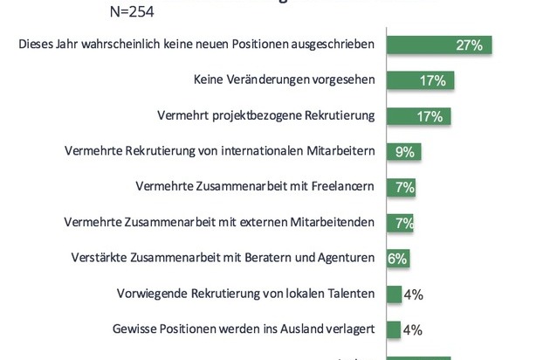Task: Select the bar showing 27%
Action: point(439,45)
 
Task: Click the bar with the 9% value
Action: point(403,151)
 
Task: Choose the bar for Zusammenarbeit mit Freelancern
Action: point(400,187)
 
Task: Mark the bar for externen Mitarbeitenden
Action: point(400,223)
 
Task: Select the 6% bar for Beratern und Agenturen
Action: point(398,259)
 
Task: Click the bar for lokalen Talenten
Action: point(394,294)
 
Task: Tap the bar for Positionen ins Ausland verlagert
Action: point(394,329)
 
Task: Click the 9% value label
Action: point(405,152)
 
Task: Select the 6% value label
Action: point(398,259)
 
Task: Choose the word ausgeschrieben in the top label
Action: point(333,44)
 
